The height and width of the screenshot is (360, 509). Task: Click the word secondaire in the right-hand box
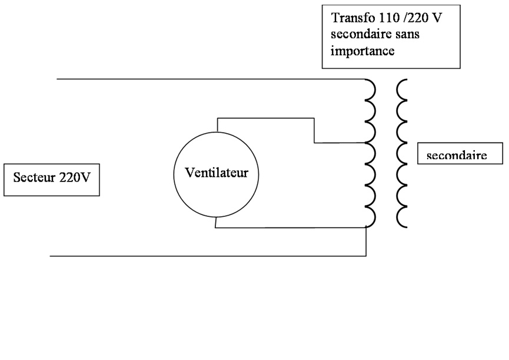click(x=456, y=156)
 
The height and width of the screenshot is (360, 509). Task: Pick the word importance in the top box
click(x=362, y=51)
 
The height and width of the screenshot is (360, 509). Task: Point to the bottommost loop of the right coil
click(x=401, y=217)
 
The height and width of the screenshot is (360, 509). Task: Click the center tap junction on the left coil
click(x=366, y=143)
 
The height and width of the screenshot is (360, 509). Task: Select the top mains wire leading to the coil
click(x=206, y=78)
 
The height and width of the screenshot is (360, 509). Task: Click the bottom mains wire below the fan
click(x=206, y=256)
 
